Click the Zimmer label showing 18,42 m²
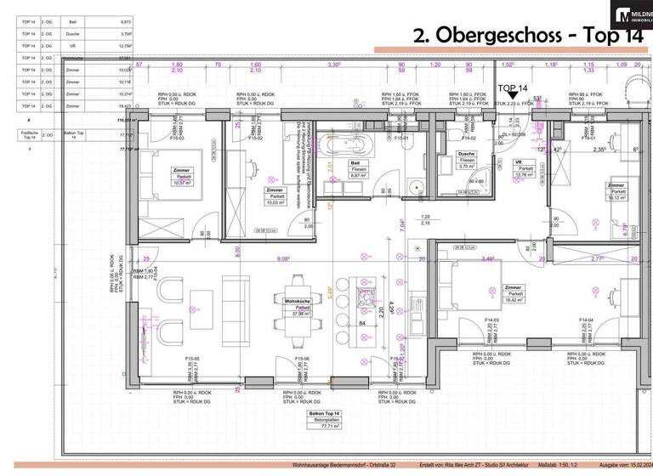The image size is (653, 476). coord(513,294)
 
